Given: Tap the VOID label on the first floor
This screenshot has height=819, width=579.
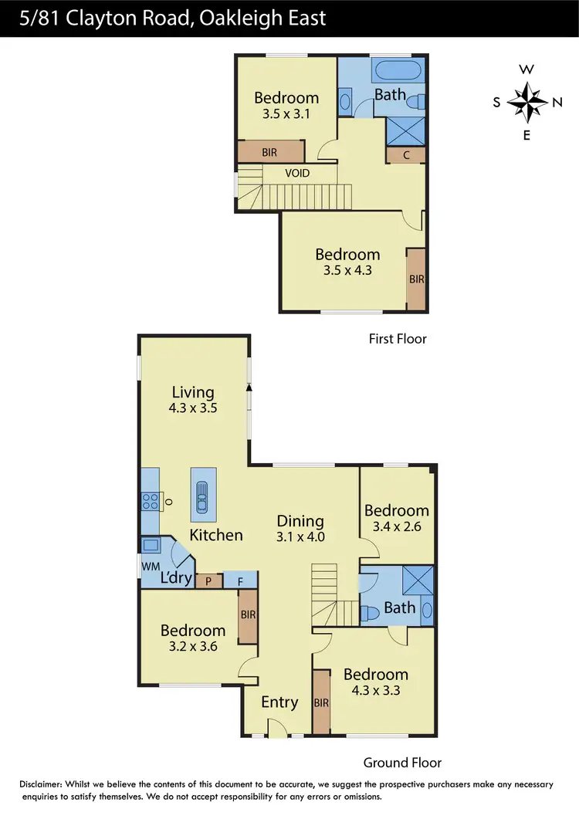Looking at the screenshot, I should (x=297, y=173).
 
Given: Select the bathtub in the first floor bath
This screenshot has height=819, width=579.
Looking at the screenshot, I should (x=398, y=73).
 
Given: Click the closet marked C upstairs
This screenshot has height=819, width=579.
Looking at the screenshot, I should (x=407, y=155).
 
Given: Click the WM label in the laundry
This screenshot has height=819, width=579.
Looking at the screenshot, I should (x=149, y=567).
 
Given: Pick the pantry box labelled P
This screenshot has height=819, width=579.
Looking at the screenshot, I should (x=208, y=581).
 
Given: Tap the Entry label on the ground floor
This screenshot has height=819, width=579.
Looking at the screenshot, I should (x=279, y=702).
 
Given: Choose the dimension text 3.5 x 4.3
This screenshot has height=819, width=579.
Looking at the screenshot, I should (x=347, y=271).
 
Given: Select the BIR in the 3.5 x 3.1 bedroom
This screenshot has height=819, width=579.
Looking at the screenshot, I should (x=269, y=152).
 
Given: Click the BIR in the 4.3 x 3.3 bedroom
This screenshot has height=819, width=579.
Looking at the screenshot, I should (x=322, y=702).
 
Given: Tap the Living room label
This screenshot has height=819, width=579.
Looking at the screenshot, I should (x=193, y=392).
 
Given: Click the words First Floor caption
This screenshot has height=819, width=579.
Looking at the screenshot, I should (x=397, y=338).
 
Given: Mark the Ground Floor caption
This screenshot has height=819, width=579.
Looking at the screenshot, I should (x=402, y=763).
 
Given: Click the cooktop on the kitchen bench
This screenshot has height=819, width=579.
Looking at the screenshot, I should (x=149, y=502).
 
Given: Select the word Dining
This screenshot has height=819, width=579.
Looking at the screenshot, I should (x=300, y=521).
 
